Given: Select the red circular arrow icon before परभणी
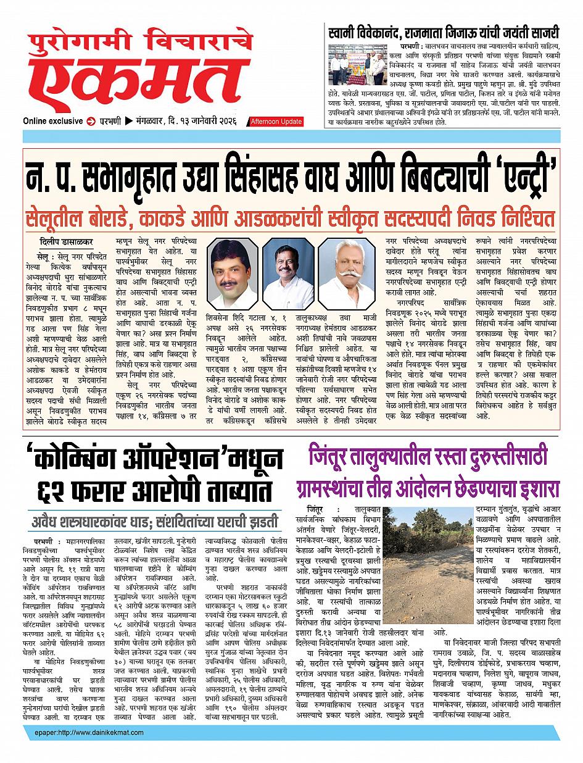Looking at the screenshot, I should (x=90, y=120).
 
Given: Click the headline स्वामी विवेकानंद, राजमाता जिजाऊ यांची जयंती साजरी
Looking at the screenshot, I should (x=444, y=31).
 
